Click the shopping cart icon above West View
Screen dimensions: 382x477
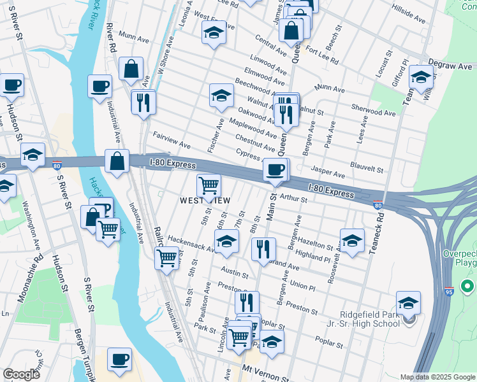click(x=209, y=186)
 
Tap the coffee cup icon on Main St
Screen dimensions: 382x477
click(x=275, y=170)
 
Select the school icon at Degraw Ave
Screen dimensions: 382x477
click(x=421, y=77)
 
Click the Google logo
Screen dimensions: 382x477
click(x=20, y=374)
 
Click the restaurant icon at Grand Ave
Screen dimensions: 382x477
click(x=263, y=249)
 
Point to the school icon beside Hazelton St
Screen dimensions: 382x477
click(x=351, y=241)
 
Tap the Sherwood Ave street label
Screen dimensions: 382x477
click(x=376, y=111)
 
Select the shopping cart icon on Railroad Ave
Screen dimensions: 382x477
click(x=166, y=258)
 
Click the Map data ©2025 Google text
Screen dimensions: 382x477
click(x=436, y=377)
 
